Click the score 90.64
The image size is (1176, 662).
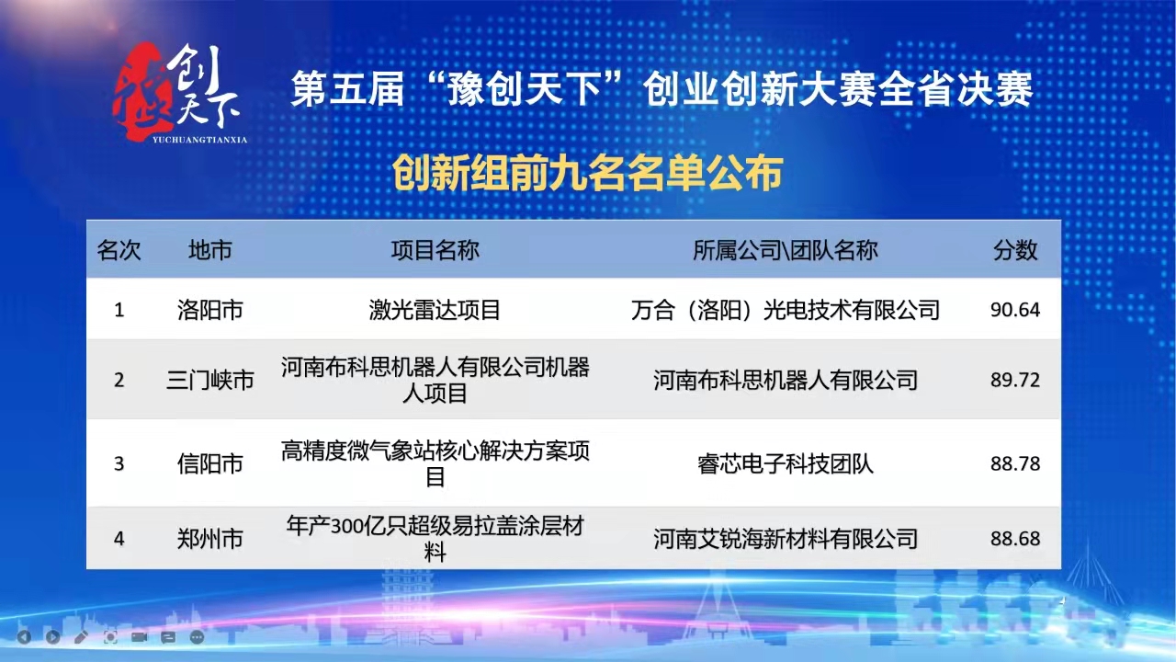coord(1014,310)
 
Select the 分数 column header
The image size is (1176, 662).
coord(1014,250)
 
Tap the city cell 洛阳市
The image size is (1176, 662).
coord(210,310)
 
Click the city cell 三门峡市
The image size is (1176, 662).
coord(210,380)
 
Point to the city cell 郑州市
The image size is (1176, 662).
coord(210,538)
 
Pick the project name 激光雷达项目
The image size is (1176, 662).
coord(435,310)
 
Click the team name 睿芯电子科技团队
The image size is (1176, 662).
coord(785,463)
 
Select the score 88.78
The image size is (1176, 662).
coord(1014,463)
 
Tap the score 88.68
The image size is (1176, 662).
coord(1014,538)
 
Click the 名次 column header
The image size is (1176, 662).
coord(119,250)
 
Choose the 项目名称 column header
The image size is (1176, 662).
coord(435,250)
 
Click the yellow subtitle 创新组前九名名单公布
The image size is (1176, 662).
coord(587,173)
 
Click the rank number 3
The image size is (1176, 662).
coord(119,463)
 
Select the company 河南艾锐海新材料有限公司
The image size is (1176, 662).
coord(785,538)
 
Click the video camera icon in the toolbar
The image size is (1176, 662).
coord(139,636)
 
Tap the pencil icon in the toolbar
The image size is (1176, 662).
coord(81,636)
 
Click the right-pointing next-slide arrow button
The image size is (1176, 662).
coord(52,636)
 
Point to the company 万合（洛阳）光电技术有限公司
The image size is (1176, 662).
coord(785,310)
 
